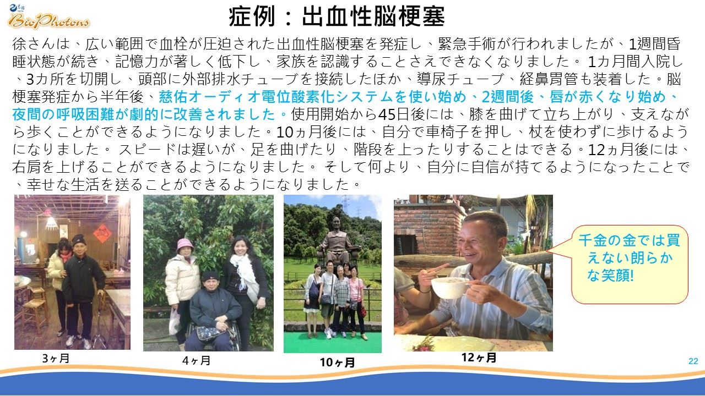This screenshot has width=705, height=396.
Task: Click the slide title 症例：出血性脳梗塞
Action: pos(337,16)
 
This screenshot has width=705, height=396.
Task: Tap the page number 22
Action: pos(693,361)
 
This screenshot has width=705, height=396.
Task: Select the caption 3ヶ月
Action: pos(56,358)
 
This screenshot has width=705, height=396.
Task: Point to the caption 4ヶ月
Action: pos(196,360)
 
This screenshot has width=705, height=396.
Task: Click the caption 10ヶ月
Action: pos(337,362)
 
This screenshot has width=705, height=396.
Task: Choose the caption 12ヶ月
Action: pos(479,358)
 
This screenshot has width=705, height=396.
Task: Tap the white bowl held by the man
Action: pos(450,287)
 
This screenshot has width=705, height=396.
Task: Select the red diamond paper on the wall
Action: pos(102,234)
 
